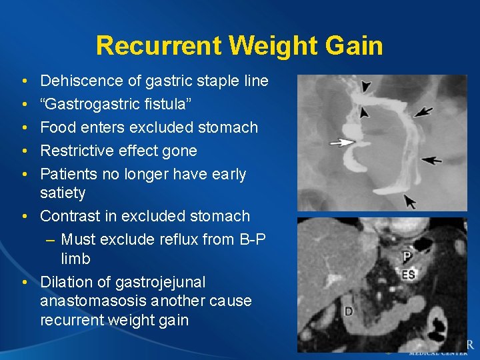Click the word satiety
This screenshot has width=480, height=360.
[63, 193]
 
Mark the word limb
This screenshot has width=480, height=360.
[75, 259]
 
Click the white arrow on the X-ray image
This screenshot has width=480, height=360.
[343, 142]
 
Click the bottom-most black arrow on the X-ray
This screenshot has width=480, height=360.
[409, 199]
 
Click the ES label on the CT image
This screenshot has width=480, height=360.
[409, 273]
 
